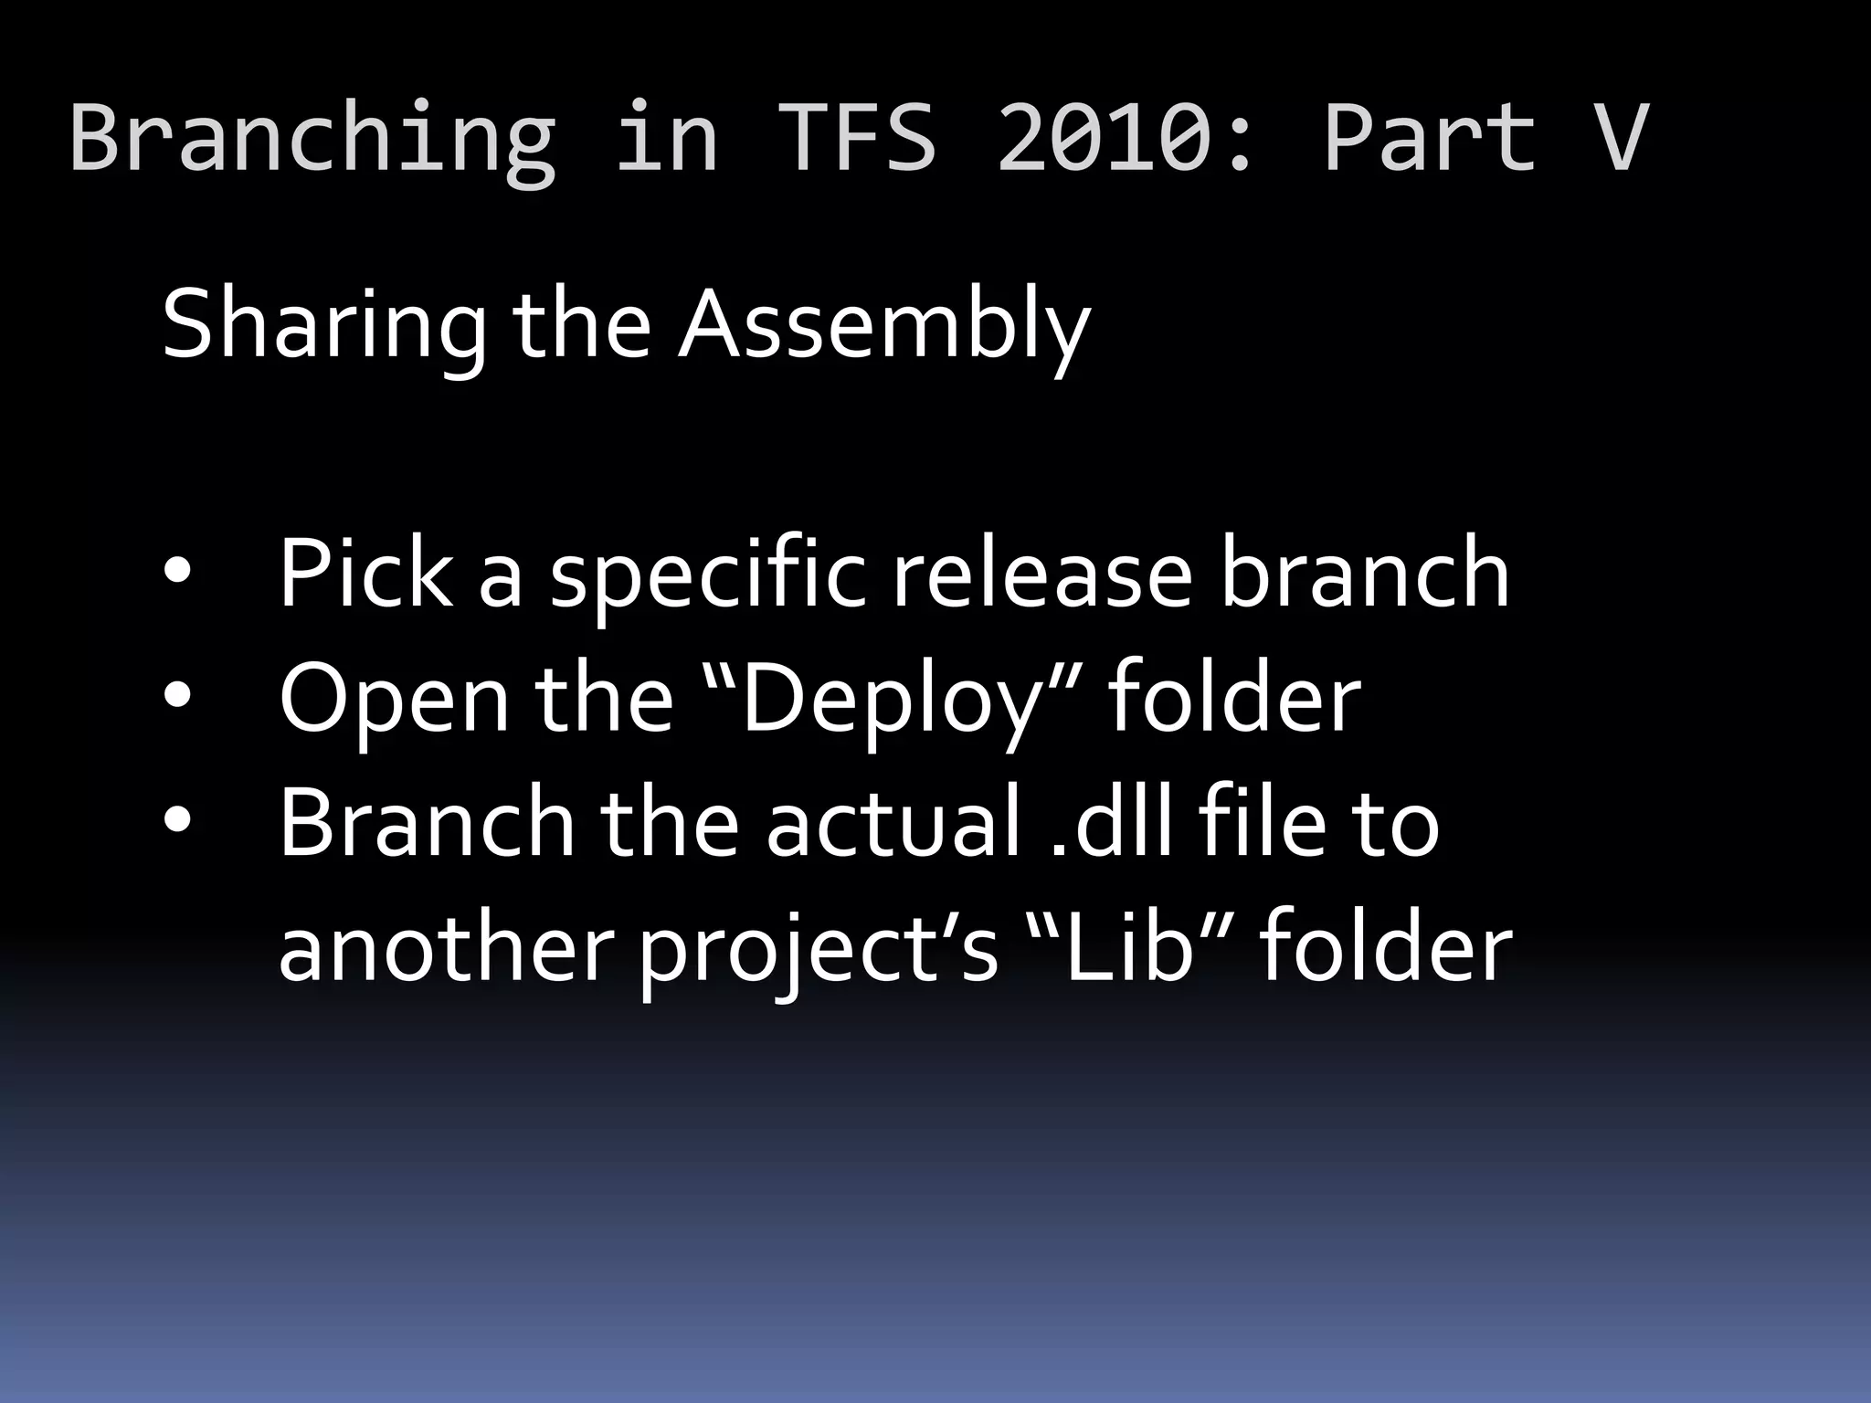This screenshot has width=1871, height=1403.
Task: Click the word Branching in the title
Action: coord(312,139)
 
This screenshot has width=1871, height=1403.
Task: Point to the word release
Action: coord(1041,574)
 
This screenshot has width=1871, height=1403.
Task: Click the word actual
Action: coord(892,822)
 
